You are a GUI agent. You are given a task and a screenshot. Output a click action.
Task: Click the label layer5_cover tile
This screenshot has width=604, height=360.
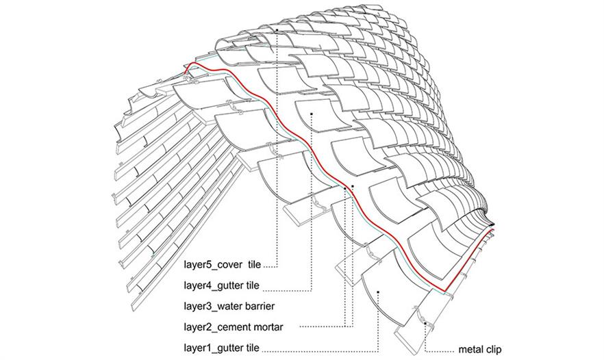223,265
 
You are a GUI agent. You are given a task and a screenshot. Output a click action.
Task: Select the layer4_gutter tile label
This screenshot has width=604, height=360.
221,285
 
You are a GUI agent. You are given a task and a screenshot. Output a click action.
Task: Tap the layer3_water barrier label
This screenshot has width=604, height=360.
229,306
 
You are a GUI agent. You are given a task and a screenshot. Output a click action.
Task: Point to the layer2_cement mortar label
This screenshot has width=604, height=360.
234,327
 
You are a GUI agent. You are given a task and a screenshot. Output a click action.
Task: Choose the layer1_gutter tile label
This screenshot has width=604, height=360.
221,348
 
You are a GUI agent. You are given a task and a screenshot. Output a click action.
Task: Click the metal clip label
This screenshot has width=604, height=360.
480,350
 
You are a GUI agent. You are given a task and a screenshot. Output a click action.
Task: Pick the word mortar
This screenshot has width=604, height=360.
268,328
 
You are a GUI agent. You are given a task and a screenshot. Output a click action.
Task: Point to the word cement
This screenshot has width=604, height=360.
234,328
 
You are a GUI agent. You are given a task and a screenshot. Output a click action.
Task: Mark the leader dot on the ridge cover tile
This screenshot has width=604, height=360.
277,29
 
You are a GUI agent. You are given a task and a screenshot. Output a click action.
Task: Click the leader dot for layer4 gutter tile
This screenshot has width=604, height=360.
311,114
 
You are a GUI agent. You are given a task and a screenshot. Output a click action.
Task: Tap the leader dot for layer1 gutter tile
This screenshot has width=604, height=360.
379,293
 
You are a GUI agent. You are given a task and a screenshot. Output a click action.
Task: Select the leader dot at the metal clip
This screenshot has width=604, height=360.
425,324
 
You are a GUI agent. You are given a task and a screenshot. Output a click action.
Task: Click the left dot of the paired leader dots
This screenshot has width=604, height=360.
344,188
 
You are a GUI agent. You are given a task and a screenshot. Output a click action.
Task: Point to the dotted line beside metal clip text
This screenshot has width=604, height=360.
440,351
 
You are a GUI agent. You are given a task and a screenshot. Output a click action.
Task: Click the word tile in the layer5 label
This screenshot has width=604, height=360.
255,265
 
